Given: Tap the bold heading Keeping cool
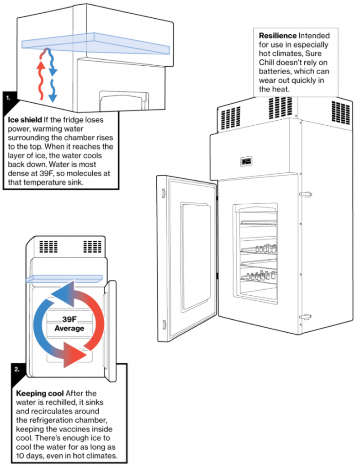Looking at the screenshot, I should coord(37,394).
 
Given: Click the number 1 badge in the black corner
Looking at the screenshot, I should coord(8,98).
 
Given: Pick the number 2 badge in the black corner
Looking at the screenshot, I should coord(17,369).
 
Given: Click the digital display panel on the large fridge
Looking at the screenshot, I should coord(247,161).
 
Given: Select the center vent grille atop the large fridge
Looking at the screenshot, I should coord(277,107).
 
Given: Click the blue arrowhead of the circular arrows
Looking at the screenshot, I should coord(59,292).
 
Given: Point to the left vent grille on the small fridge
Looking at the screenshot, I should coord(48,247).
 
